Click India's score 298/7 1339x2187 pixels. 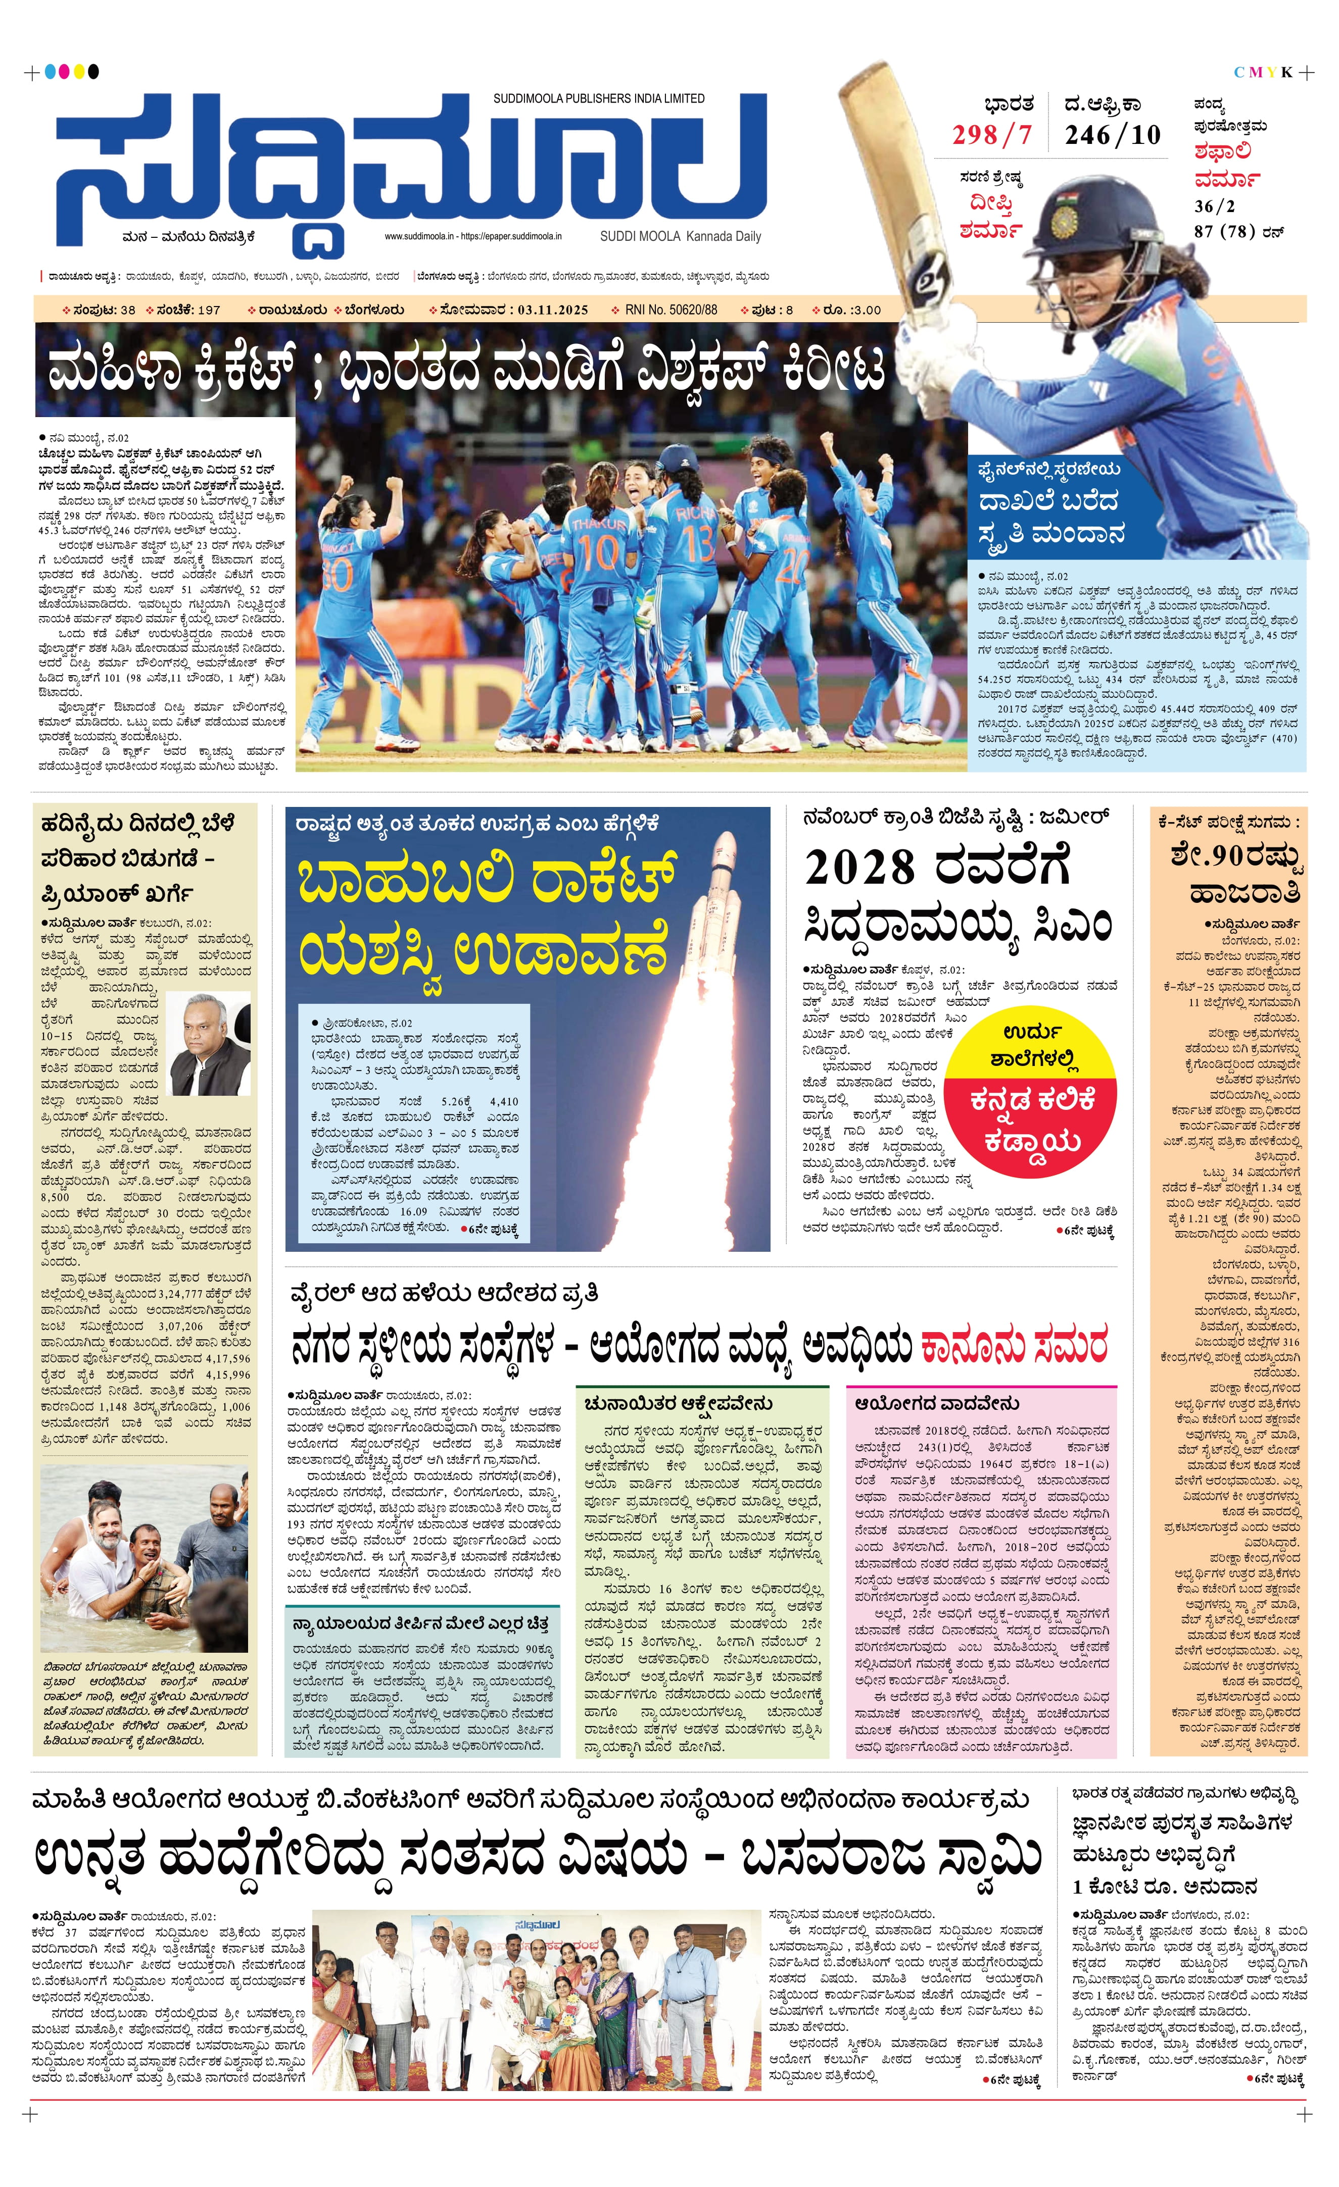click(992, 135)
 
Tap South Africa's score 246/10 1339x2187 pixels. click(1113, 135)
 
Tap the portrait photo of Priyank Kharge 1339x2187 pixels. click(210, 1043)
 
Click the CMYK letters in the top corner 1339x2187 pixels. click(1263, 72)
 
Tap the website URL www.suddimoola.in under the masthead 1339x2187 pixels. click(419, 237)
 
